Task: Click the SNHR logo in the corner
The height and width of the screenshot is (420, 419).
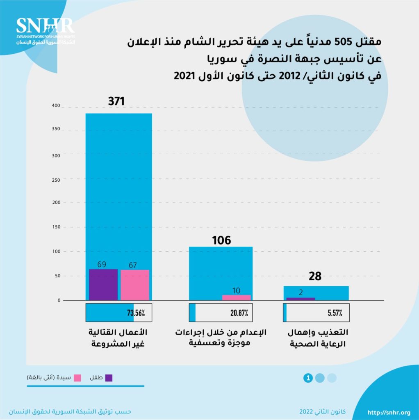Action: point(45,31)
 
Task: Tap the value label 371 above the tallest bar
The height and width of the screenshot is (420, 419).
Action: point(116,101)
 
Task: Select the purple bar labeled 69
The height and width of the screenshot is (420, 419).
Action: point(103,285)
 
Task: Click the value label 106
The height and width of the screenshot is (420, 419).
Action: point(221,240)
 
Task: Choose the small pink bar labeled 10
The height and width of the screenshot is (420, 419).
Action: point(236,297)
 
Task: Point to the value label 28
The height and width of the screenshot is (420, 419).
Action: point(315,276)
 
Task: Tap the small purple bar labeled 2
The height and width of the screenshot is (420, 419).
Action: point(301,299)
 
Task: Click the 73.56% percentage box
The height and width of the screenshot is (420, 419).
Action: point(118,313)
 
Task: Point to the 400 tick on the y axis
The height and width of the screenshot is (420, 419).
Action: point(56,106)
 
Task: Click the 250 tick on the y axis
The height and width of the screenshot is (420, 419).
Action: point(56,180)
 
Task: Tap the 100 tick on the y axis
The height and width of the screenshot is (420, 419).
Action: point(56,251)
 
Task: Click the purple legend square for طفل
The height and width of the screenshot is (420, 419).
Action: point(109,378)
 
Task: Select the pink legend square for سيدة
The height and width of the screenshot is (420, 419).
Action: point(77,378)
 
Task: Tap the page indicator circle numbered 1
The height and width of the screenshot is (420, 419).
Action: point(308,378)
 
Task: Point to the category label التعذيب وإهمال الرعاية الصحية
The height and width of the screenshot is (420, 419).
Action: point(316,338)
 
